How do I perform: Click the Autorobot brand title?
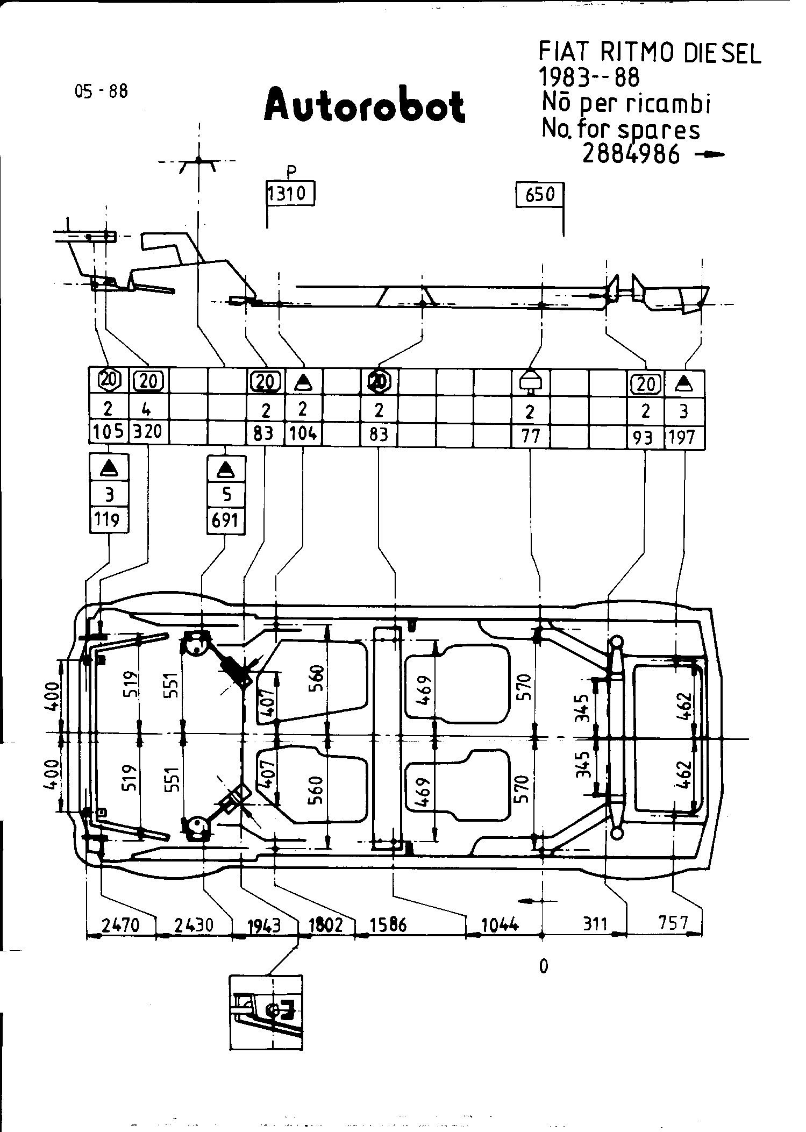point(364,105)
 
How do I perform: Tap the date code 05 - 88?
point(102,91)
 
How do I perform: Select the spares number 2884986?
point(631,155)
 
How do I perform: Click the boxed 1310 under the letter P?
point(290,194)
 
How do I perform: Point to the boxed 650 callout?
point(539,194)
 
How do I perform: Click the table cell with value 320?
point(148,431)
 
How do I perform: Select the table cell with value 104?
point(303,433)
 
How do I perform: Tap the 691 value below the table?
point(226,521)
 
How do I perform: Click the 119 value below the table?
point(109,520)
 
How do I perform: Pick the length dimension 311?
point(594,924)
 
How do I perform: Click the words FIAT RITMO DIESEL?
point(650,54)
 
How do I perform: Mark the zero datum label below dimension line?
point(544,967)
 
